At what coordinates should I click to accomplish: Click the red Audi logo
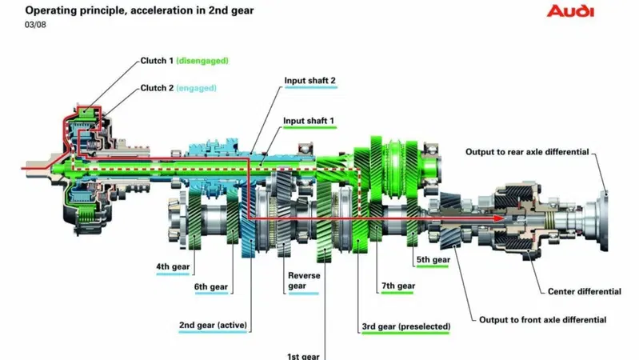(x=570, y=11)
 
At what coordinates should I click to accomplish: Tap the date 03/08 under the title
(x=35, y=25)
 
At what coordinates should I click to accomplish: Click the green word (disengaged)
(x=202, y=61)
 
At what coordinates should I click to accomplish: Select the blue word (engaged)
(x=197, y=88)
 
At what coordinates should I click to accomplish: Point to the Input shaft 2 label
(x=310, y=80)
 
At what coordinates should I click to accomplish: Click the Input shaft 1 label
(x=309, y=121)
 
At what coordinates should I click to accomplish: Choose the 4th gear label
(x=173, y=266)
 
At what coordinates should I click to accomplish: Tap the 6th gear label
(x=210, y=286)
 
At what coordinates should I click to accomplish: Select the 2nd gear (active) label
(x=213, y=326)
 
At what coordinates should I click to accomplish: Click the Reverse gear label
(x=304, y=281)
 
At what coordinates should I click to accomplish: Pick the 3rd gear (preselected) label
(x=406, y=326)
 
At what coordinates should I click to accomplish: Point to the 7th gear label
(x=398, y=286)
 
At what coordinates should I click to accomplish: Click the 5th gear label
(x=433, y=260)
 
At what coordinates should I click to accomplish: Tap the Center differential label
(x=585, y=291)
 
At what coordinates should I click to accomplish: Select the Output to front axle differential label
(x=542, y=320)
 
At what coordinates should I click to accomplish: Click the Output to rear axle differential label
(x=527, y=152)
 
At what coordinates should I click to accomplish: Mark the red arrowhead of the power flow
(x=499, y=218)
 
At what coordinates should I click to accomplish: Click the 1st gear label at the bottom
(x=303, y=356)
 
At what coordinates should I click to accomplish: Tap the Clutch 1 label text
(x=157, y=61)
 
